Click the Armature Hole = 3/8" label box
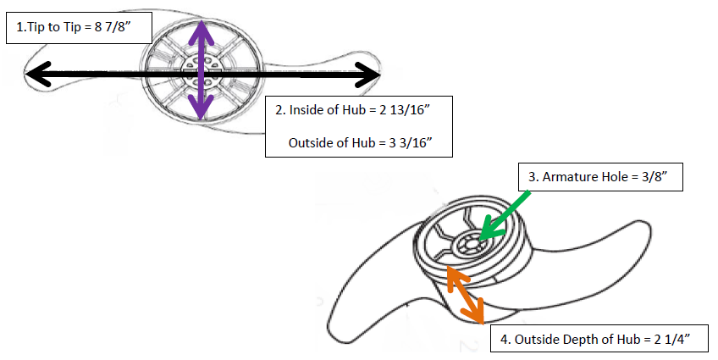tap(599, 177)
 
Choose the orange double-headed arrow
tap(465, 293)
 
